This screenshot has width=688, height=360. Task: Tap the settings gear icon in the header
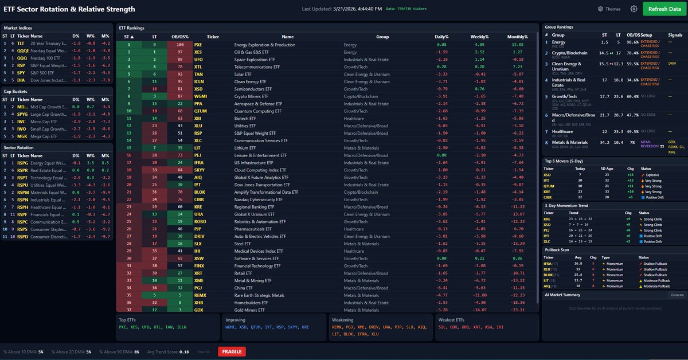(x=634, y=9)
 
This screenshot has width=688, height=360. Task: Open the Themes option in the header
(x=609, y=9)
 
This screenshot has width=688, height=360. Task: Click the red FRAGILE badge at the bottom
(x=231, y=351)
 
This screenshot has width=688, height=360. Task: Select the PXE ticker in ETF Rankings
(x=198, y=45)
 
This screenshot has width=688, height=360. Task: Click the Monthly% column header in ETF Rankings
(x=517, y=36)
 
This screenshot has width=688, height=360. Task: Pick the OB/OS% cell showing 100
(x=180, y=45)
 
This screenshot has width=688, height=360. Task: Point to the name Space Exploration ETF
(x=256, y=59)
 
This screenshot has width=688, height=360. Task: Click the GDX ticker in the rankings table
(x=198, y=310)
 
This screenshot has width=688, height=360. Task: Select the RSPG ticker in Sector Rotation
(x=22, y=163)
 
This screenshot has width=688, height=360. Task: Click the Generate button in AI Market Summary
(x=677, y=295)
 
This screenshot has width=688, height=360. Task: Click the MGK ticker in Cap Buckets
(x=21, y=136)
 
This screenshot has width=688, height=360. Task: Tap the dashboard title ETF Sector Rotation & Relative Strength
(x=69, y=9)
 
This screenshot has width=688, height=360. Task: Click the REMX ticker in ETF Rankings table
(x=200, y=295)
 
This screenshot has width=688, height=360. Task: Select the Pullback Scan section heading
(x=558, y=250)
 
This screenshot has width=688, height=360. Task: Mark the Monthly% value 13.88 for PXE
(x=518, y=45)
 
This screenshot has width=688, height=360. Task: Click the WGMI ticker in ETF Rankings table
(x=200, y=96)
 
